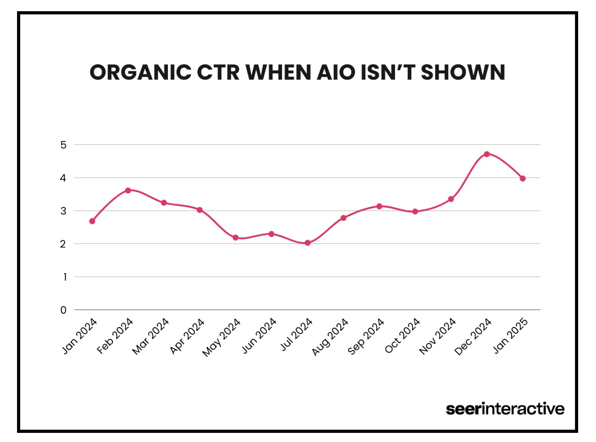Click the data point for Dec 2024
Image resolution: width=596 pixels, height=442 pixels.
(x=487, y=154)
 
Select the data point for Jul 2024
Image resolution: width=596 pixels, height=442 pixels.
(x=307, y=243)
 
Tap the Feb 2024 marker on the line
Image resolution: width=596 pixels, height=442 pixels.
(x=128, y=190)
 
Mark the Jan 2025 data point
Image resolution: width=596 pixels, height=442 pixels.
(x=522, y=178)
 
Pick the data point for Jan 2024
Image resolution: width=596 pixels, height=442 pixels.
(x=92, y=221)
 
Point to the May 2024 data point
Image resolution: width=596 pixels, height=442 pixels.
(x=235, y=238)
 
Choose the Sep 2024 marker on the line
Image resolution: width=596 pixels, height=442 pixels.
(x=379, y=206)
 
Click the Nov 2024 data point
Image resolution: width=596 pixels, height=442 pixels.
(x=451, y=199)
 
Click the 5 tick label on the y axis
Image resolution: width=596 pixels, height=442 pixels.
(x=63, y=145)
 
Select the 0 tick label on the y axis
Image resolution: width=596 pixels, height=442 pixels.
(x=63, y=310)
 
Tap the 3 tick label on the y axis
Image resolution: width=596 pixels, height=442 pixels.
(x=63, y=211)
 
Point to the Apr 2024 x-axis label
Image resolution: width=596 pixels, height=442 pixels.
(x=187, y=337)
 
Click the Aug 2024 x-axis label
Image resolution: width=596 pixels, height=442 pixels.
(x=330, y=337)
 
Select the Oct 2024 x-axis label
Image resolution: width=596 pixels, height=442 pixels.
(x=402, y=336)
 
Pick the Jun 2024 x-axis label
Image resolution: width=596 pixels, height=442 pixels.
(x=259, y=336)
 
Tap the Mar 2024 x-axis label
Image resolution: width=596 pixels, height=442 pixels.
(x=151, y=337)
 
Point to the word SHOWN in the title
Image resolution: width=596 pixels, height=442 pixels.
(x=463, y=73)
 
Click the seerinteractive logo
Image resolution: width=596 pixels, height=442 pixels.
(x=505, y=409)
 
